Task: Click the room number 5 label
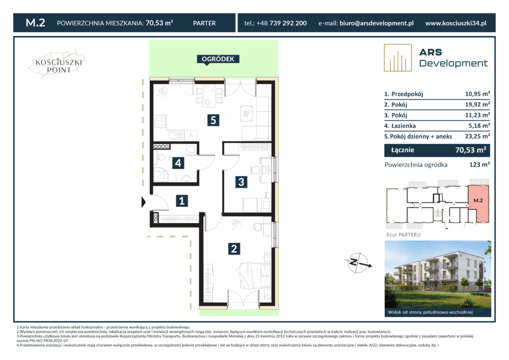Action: pyautogui.click(x=213, y=120)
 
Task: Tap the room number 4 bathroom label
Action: pyautogui.click(x=178, y=163)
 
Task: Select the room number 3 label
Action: pyautogui.click(x=241, y=182)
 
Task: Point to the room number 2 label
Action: pyautogui.click(x=234, y=249)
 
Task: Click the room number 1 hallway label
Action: pyautogui.click(x=182, y=200)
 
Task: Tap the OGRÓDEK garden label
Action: pyautogui.click(x=218, y=59)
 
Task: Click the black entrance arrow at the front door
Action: pyautogui.click(x=144, y=202)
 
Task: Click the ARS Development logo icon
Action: pyautogui.click(x=398, y=58)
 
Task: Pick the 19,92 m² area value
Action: pyautogui.click(x=477, y=104)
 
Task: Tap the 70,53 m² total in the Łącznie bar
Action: pyautogui.click(x=471, y=150)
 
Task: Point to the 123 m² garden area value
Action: pyautogui.click(x=480, y=165)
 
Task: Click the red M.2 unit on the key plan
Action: pyautogui.click(x=478, y=204)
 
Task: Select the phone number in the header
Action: pyautogui.click(x=275, y=23)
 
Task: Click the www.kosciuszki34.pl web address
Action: pyautogui.click(x=456, y=23)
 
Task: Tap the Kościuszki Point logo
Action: pyautogui.click(x=57, y=64)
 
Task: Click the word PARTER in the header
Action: pyautogui.click(x=204, y=23)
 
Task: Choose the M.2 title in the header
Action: pyautogui.click(x=35, y=23)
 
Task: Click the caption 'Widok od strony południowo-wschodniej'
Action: pyautogui.click(x=430, y=312)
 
